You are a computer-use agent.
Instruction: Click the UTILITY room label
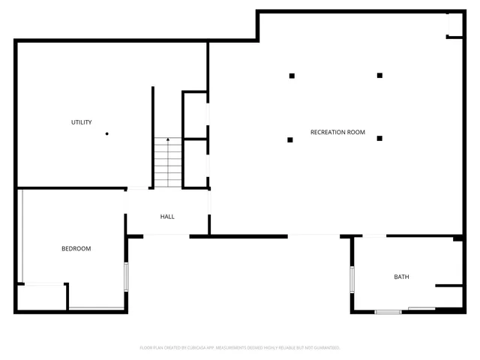point(82,122)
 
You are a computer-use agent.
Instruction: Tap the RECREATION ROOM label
point(337,132)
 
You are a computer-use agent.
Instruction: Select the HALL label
point(167,217)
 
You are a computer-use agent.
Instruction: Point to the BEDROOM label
point(76,248)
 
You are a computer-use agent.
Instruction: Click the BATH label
point(402,277)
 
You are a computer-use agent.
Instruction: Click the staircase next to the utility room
point(168,164)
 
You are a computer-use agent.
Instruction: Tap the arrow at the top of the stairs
point(168,139)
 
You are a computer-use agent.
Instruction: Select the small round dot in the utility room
point(107,134)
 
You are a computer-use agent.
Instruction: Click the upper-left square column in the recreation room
point(291,75)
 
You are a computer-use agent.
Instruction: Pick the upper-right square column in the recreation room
point(379,75)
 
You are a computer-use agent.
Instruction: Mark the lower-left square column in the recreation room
point(289,139)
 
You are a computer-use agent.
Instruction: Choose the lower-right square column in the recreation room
point(379,138)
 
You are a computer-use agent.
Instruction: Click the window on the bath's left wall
point(351,278)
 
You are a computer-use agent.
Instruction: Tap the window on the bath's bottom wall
point(388,310)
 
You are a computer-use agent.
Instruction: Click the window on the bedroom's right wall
point(126,275)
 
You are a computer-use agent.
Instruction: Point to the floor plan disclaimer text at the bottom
point(240,347)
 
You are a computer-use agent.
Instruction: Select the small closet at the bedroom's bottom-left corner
point(41,297)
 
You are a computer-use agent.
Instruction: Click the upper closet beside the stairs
point(195,115)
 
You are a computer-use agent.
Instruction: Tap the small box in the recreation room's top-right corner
point(455,25)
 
